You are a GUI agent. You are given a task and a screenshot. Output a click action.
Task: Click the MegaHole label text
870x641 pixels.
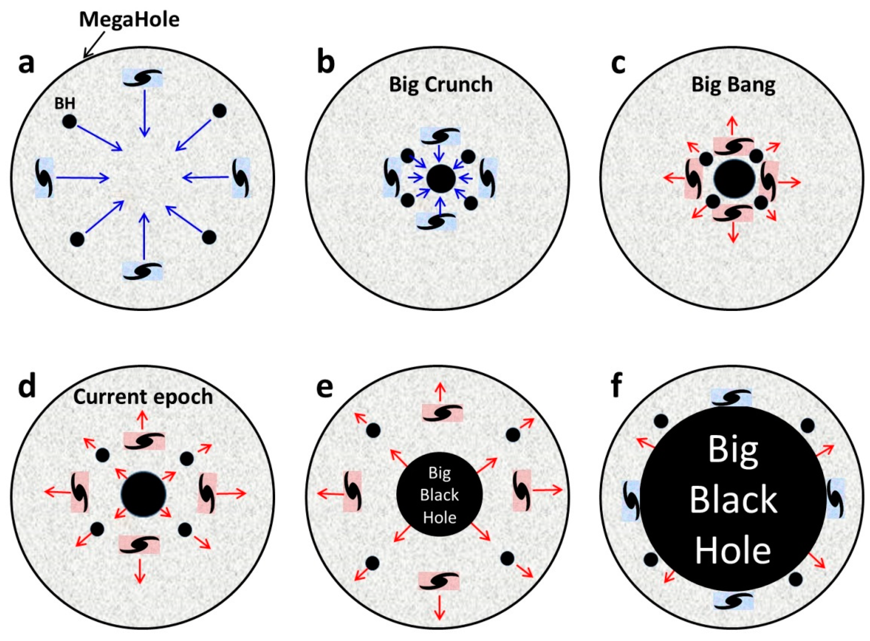pos(129,19)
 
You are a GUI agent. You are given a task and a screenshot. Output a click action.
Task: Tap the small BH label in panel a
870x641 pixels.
pos(65,104)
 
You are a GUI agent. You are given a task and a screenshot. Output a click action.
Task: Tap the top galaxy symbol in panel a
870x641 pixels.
pos(142,78)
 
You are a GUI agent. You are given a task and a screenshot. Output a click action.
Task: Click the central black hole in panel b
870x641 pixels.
pos(441,179)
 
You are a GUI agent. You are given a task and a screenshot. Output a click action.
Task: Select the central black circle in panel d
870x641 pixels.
pos(143,494)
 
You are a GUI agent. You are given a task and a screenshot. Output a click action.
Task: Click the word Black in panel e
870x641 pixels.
pos(439,495)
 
